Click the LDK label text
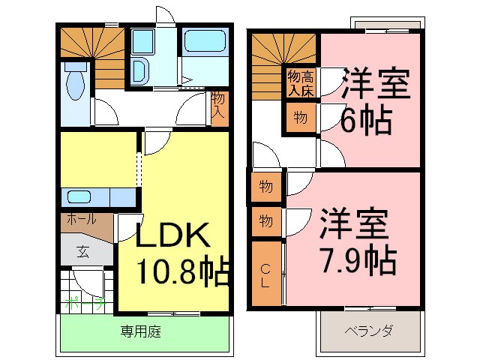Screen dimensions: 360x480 [x=172, y=236]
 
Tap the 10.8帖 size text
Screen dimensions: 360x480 [x=182, y=271]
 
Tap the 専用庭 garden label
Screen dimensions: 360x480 [x=142, y=331]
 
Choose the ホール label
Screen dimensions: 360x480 [x=81, y=220]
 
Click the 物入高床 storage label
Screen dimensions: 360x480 [x=301, y=82]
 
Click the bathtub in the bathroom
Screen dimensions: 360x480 [x=204, y=42]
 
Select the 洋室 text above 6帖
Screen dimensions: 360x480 [x=376, y=84]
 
